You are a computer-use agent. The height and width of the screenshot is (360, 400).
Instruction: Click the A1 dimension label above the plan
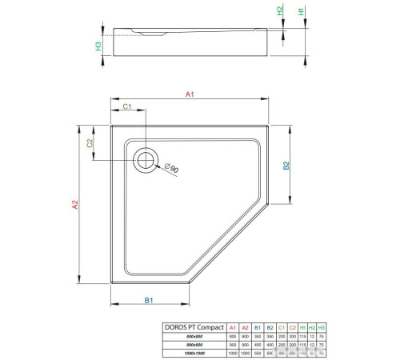point(190,95)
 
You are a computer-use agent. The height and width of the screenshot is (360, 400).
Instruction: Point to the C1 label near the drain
point(127,107)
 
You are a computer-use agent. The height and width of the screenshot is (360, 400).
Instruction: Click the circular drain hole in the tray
point(146,158)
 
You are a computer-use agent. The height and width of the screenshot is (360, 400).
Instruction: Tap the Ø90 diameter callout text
point(170,169)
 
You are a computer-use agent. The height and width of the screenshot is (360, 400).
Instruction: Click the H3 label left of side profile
point(98,46)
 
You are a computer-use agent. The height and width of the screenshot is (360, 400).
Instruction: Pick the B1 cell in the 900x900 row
point(257,345)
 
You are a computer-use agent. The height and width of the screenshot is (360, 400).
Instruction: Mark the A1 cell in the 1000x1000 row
point(233,353)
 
